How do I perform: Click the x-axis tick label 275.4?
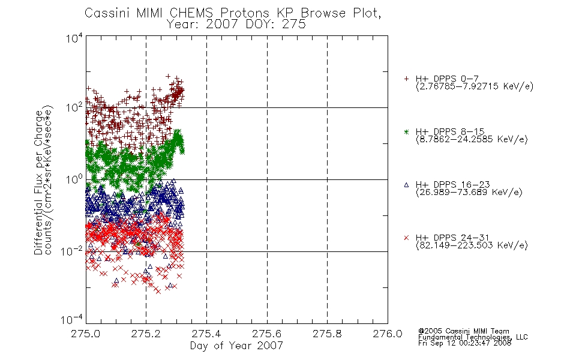tap(206, 334)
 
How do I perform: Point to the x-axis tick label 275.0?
tap(86, 334)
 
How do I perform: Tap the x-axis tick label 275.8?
tap(327, 334)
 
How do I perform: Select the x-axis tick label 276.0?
tap(388, 334)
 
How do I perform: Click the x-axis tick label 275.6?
tap(267, 334)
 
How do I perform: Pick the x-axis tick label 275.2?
tap(146, 334)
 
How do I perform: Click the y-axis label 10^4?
tap(74, 38)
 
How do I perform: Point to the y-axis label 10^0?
tap(74, 179)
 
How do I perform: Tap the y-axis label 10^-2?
tap(72, 251)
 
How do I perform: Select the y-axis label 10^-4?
tap(72, 320)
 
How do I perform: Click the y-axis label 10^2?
tap(74, 107)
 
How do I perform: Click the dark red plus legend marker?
tap(406, 79)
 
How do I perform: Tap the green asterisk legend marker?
tap(406, 131)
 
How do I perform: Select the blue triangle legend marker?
tap(406, 185)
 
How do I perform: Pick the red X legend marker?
tap(406, 238)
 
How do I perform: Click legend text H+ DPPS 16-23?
tap(452, 184)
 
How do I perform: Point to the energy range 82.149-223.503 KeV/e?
tap(472, 245)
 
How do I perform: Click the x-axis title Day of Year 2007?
tap(236, 346)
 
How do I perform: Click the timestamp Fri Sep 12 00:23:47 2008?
tap(464, 343)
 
